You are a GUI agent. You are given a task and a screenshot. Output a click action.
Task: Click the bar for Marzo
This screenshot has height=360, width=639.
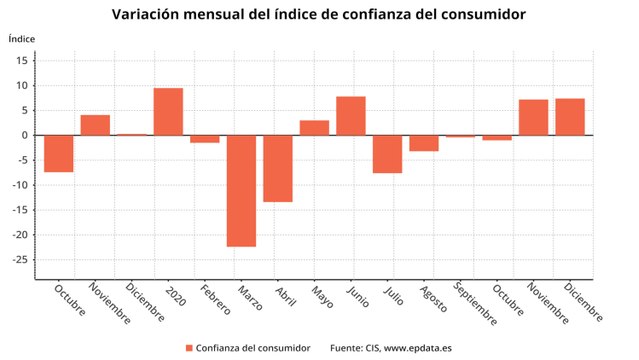pos(241,190)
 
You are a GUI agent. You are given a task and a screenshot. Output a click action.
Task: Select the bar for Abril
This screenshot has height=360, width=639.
pos(278,168)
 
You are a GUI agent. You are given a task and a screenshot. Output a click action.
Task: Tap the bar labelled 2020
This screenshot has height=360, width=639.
pos(168,111)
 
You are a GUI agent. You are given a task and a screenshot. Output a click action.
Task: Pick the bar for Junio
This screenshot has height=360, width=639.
pos(351,115)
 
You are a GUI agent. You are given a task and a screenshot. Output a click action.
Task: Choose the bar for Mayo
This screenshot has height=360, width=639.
pos(314,127)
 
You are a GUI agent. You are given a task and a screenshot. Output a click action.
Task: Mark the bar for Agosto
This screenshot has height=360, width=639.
pos(424,143)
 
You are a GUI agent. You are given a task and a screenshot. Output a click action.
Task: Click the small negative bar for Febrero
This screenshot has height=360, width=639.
pos(205,139)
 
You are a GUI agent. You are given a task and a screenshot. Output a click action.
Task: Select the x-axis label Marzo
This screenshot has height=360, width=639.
pos(249,298)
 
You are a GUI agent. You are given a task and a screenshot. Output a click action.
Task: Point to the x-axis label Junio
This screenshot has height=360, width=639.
pos(359,297)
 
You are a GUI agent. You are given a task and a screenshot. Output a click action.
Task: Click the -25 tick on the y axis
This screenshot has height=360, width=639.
pos(21,260)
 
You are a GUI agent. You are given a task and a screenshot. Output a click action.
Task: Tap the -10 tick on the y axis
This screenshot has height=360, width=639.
pos(21,185)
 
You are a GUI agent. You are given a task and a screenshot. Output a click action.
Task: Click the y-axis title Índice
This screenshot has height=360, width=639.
pos(22,38)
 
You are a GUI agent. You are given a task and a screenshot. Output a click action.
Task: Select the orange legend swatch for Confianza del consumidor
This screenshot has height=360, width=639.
pos(188,347)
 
